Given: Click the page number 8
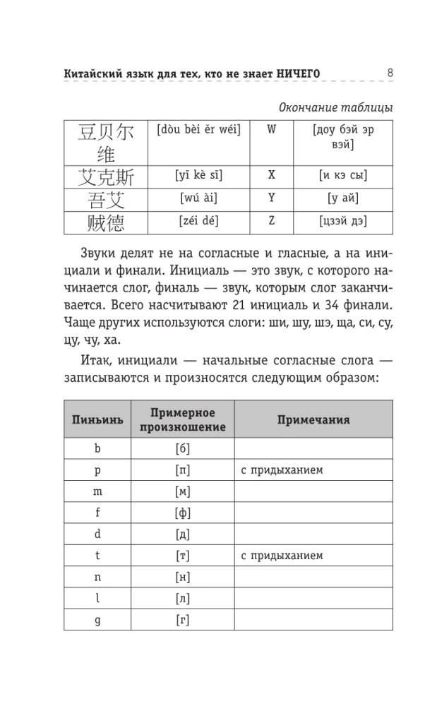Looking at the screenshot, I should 390,72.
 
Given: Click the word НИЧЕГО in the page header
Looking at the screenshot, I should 292,73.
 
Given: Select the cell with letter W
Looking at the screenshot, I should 271,131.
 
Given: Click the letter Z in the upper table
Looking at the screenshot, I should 271,222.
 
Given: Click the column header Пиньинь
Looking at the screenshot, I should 97,419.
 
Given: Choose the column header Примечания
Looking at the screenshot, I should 313,419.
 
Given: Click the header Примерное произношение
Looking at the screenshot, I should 183,419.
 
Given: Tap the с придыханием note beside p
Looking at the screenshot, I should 282,469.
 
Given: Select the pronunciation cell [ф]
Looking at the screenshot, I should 183,513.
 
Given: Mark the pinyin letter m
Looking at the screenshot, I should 97,491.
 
